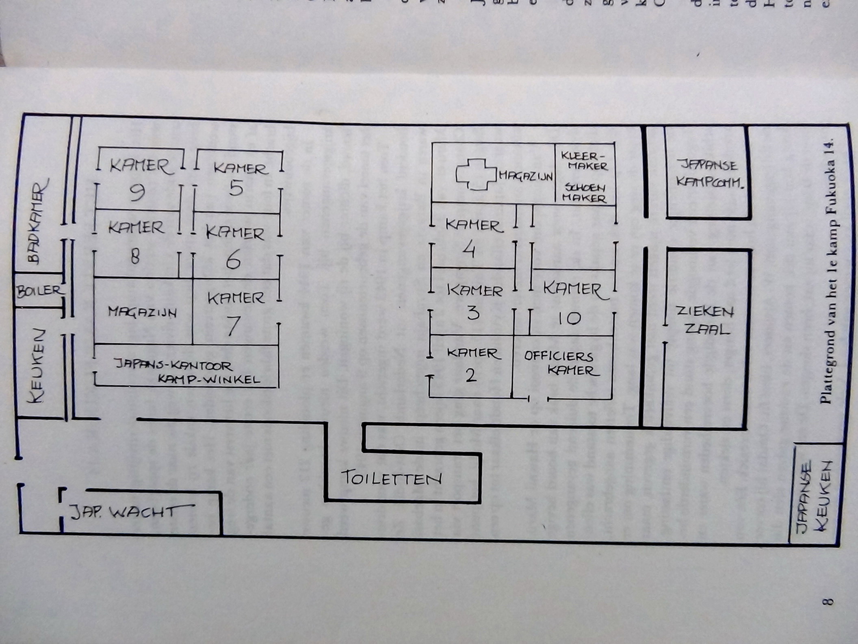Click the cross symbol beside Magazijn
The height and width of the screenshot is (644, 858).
476,174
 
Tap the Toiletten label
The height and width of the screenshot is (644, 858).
391,478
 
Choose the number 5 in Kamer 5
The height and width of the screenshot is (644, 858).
236,188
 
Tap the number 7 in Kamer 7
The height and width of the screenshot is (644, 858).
233,326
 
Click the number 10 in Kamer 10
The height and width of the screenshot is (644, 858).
569,318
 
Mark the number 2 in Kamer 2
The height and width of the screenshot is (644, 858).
470,375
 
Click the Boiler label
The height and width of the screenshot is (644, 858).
39,290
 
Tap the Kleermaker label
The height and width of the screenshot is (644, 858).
584,161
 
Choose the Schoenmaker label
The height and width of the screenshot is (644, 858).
585,193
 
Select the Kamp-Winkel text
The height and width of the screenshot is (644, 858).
209,379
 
